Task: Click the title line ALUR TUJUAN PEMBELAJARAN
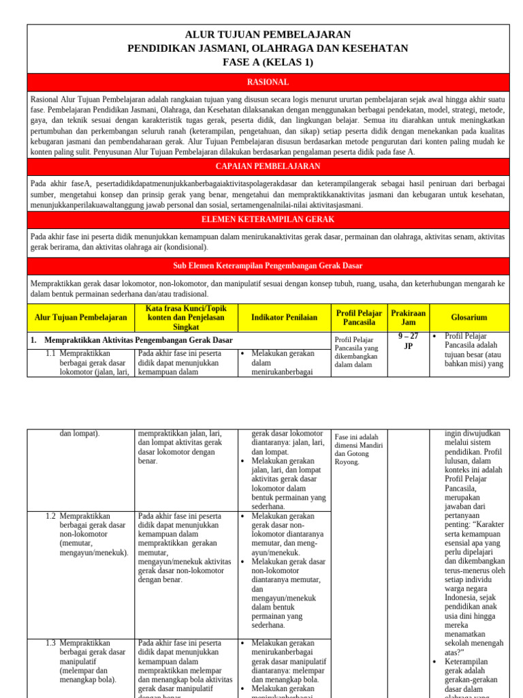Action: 268,34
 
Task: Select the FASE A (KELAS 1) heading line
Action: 268,62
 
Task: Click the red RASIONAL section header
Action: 268,82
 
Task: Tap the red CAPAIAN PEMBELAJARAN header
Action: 268,167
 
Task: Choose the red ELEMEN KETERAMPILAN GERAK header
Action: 268,220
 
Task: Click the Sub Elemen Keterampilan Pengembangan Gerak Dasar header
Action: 268,266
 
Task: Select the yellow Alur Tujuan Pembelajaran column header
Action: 81,318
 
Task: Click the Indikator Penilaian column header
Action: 284,318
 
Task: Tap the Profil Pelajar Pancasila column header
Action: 359,318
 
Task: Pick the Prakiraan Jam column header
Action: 408,318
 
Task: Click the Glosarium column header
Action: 469,318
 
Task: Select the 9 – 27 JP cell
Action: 408,341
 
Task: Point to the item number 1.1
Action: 50,354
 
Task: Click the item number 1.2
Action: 50,517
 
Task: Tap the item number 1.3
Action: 50,643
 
